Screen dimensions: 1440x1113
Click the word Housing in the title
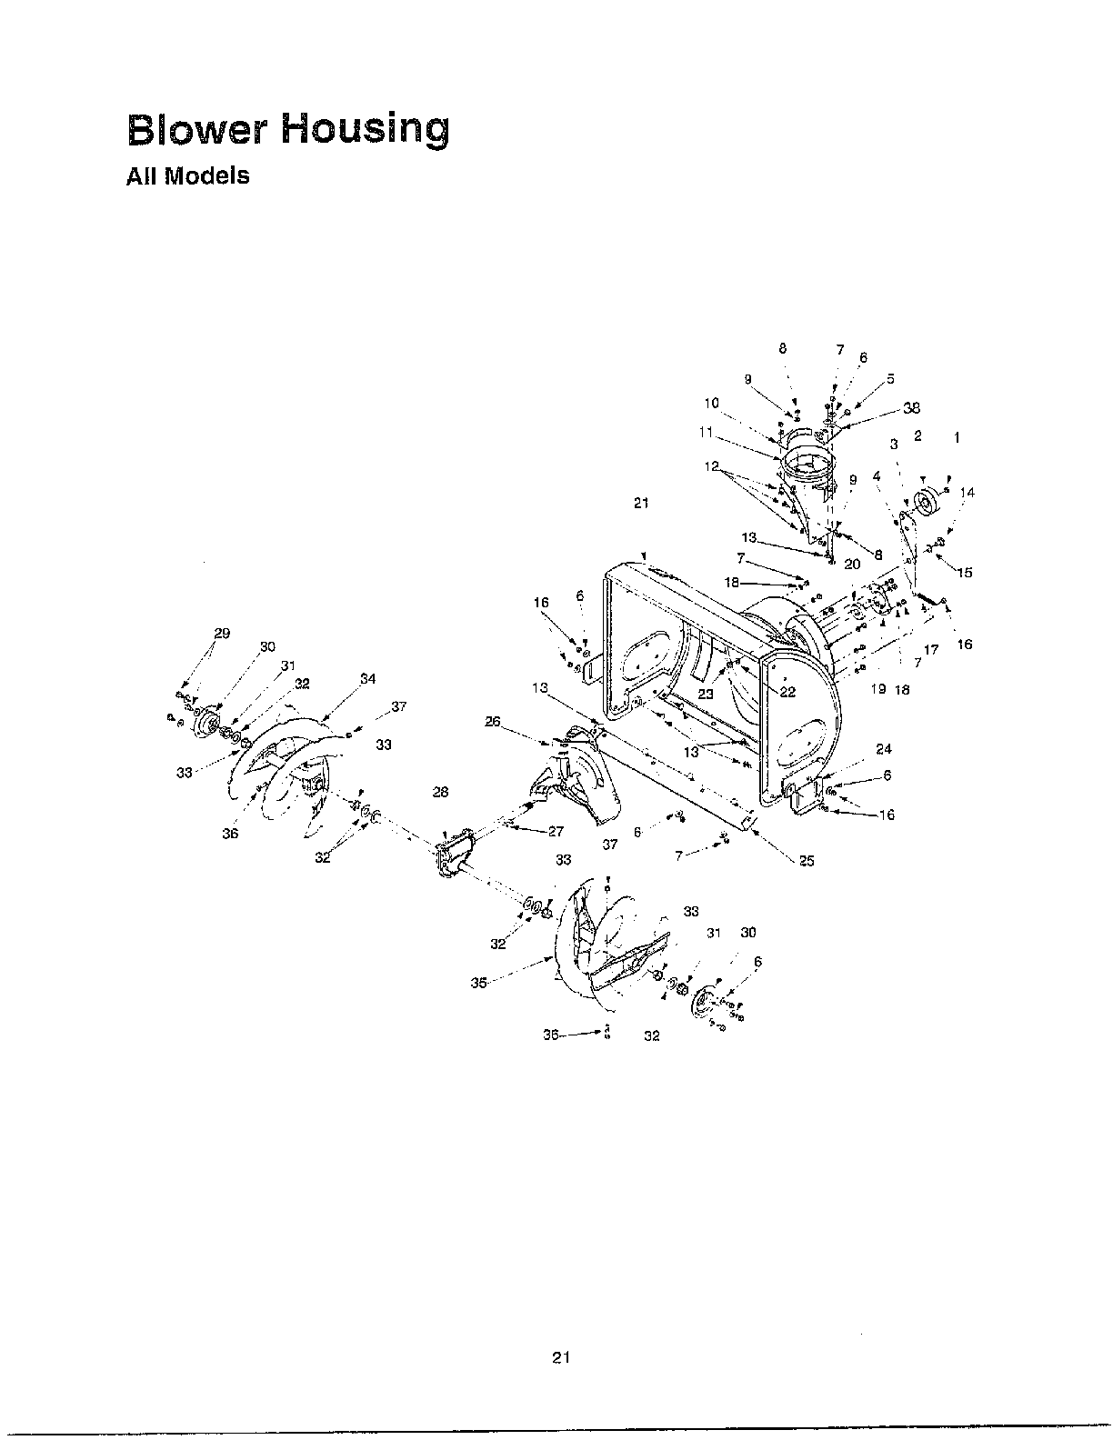point(364,129)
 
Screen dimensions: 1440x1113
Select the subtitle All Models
point(186,176)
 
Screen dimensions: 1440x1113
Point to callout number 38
point(912,406)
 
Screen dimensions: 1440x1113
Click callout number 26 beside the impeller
point(493,722)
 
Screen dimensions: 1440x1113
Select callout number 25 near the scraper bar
point(807,861)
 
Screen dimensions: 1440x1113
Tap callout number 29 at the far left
point(222,633)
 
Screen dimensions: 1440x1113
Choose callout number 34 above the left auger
point(367,678)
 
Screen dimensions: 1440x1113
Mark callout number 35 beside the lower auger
point(478,982)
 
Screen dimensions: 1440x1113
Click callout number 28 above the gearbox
point(440,792)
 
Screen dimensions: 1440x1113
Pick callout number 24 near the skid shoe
point(884,749)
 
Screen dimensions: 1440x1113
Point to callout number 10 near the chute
point(711,403)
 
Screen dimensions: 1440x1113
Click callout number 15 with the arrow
point(965,572)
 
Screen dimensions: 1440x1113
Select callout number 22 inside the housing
point(787,691)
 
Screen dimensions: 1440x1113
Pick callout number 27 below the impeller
point(555,831)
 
